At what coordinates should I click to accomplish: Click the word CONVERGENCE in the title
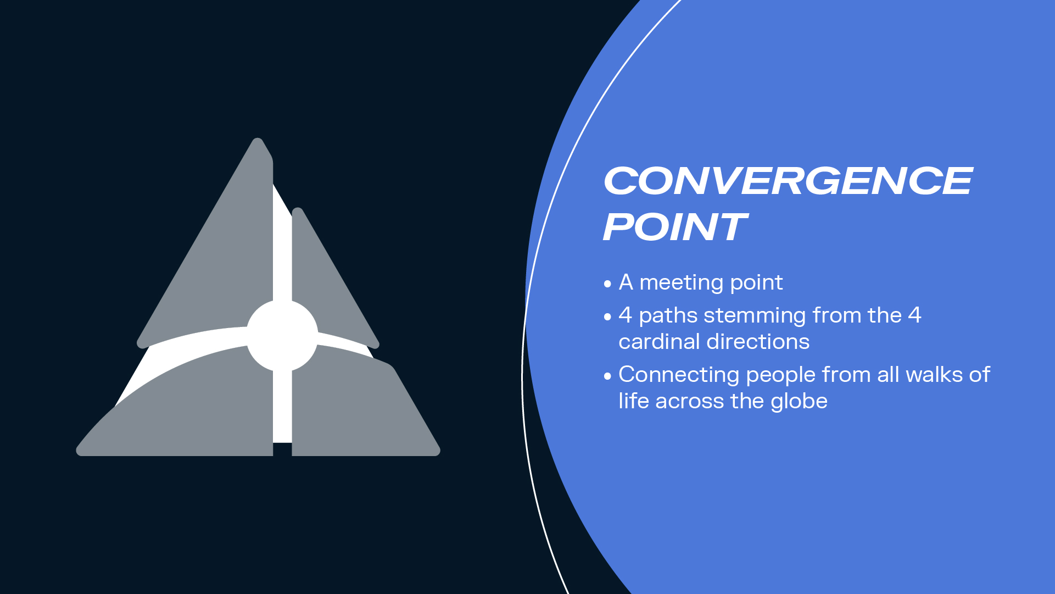(x=788, y=181)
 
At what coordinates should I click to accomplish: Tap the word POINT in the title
(x=675, y=227)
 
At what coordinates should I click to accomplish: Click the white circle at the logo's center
(x=282, y=335)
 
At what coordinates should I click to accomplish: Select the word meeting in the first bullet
(x=682, y=283)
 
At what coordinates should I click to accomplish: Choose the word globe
(x=799, y=401)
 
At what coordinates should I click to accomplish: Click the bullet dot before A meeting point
(x=607, y=284)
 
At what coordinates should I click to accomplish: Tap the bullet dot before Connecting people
(x=607, y=376)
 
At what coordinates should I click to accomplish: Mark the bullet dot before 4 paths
(x=607, y=317)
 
